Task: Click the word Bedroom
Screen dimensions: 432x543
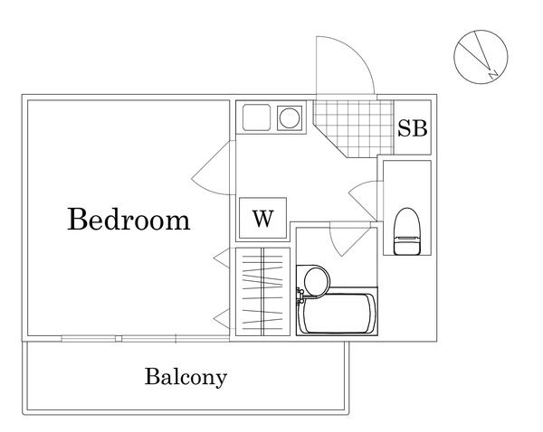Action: coord(129,220)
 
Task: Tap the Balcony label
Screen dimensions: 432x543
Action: coord(186,377)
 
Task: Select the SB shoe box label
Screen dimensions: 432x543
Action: coord(413,128)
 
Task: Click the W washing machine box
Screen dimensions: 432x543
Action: coord(262,219)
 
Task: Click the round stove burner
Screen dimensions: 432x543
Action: coord(291,117)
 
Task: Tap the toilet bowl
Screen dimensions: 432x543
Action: coord(408,227)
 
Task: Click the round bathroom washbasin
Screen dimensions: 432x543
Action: coord(313,280)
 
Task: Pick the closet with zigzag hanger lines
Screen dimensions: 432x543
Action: coord(262,292)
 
